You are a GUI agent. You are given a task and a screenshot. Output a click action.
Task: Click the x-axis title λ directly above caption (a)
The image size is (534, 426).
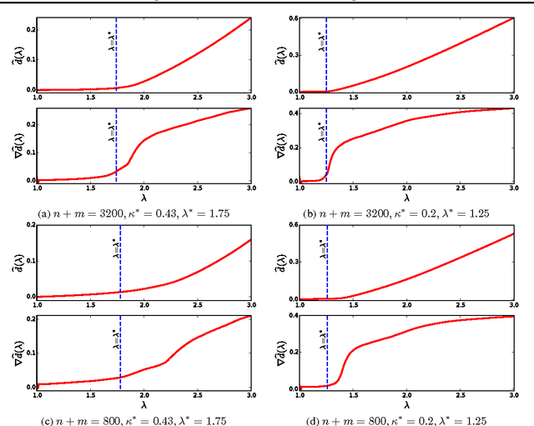[144, 198]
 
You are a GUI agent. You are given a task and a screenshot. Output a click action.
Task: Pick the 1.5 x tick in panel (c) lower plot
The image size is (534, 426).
[90, 395]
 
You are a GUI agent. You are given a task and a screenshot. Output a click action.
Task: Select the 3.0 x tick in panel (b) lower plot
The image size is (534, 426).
[513, 188]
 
